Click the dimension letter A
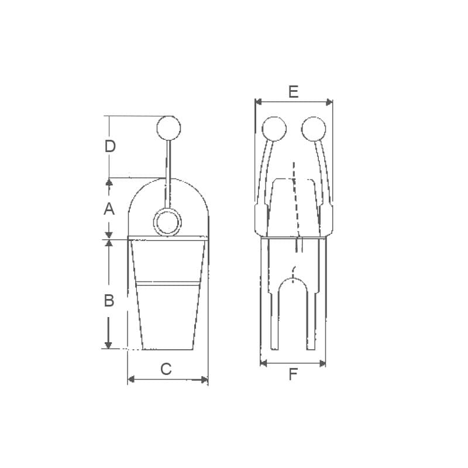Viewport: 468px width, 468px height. click(109, 209)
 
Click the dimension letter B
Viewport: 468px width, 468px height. click(109, 300)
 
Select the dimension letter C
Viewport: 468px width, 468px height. click(166, 369)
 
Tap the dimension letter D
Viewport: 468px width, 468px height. click(110, 146)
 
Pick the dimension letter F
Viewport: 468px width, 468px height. click(293, 374)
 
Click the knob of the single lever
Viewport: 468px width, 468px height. click(168, 128)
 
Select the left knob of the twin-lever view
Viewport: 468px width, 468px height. click(274, 129)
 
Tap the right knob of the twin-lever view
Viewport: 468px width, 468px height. click(314, 129)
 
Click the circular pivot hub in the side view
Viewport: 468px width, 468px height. click(167, 222)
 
